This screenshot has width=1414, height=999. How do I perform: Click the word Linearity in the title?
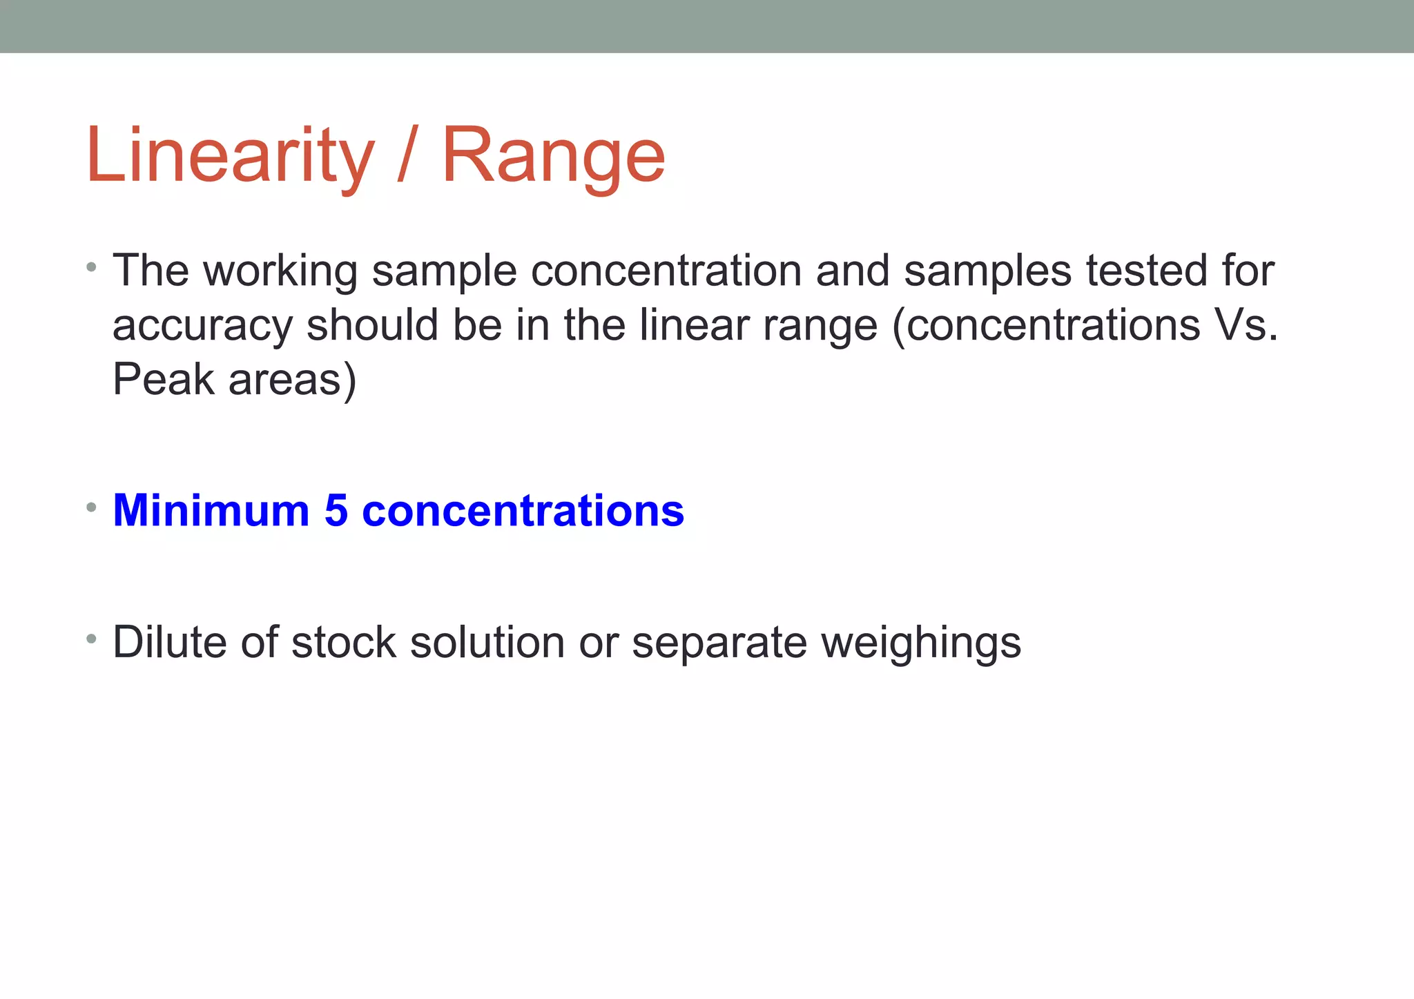(x=230, y=156)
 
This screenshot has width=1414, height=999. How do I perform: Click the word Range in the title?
(x=553, y=156)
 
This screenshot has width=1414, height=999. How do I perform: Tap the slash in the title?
(x=407, y=156)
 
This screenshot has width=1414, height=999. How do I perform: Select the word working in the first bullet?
(x=280, y=271)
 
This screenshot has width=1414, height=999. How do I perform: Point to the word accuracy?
(x=202, y=326)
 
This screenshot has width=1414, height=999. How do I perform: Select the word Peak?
(x=163, y=380)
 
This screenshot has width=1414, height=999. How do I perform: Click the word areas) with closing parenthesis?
(x=292, y=381)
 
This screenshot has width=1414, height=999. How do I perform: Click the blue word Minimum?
(x=211, y=511)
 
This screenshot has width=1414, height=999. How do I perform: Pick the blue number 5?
(x=336, y=511)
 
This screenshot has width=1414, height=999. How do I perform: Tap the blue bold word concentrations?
(x=523, y=511)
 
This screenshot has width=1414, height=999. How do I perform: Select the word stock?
(x=344, y=642)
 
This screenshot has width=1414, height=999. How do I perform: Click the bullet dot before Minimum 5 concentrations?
(x=91, y=507)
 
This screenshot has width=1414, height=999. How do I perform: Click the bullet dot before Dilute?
(x=91, y=639)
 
